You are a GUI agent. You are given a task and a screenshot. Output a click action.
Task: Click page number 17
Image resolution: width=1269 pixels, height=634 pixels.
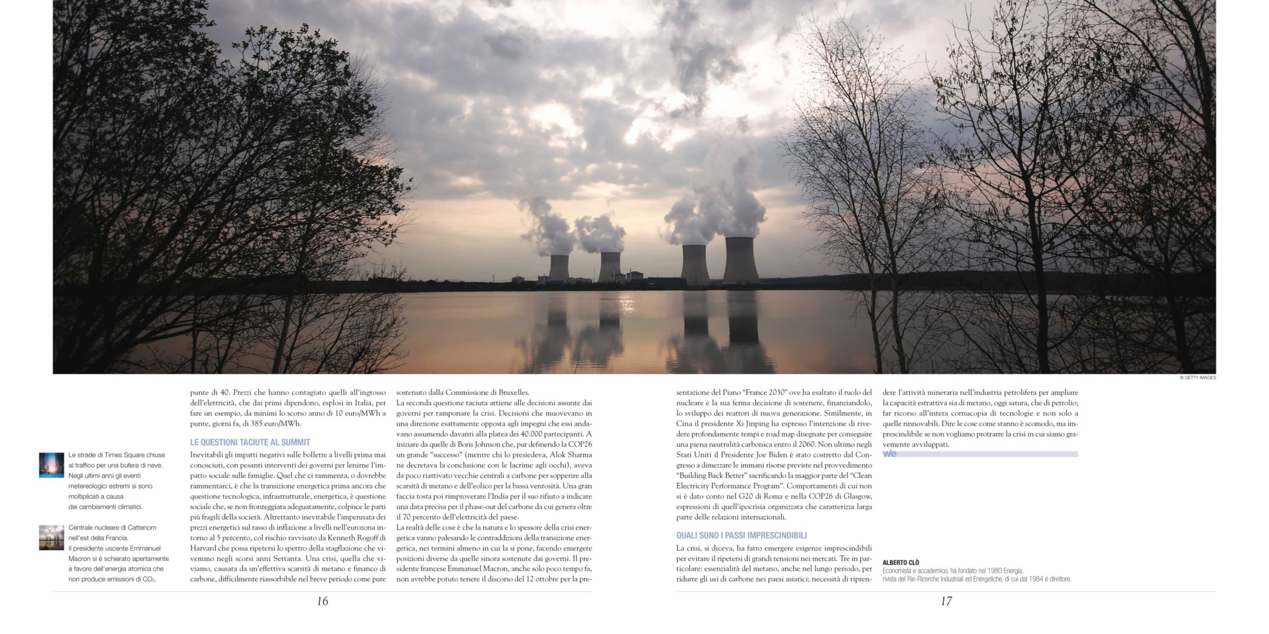click(x=946, y=601)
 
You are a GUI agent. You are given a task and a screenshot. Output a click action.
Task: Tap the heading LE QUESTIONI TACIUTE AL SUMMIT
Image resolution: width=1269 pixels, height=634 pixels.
click(x=250, y=442)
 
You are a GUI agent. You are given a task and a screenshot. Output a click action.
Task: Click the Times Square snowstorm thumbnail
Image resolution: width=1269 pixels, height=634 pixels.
click(x=52, y=465)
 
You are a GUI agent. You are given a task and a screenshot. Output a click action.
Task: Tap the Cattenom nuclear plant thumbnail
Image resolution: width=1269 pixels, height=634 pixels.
click(x=52, y=538)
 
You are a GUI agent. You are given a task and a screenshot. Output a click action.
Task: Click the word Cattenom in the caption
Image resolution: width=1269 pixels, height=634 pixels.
click(x=142, y=528)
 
